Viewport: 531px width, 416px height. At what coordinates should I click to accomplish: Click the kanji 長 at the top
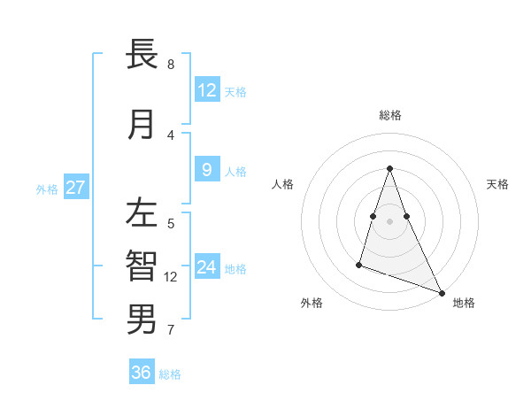point(142,55)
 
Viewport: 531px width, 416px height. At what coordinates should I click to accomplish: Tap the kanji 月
point(142,125)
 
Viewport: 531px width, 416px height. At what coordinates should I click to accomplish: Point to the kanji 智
point(142,266)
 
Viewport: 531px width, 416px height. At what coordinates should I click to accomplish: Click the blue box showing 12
point(206,89)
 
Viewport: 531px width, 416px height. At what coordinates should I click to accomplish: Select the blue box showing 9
point(206,170)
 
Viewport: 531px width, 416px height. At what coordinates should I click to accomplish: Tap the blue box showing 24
point(206,267)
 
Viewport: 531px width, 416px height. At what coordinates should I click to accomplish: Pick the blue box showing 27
point(75,188)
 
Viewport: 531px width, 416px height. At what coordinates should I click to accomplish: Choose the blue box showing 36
point(142,373)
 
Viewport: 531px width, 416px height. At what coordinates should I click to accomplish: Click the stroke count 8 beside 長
point(171,65)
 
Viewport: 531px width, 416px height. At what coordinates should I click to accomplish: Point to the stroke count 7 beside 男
point(171,331)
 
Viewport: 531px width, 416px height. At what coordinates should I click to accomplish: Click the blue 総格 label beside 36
point(170,374)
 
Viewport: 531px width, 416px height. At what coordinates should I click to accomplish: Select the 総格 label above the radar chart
point(390,115)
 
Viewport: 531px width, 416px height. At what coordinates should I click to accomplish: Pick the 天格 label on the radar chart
point(497,184)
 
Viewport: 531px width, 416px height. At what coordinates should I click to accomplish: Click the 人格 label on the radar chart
point(283,184)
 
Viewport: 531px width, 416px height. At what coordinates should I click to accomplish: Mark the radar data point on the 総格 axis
point(389,168)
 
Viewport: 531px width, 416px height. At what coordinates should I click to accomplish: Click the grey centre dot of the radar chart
point(389,221)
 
